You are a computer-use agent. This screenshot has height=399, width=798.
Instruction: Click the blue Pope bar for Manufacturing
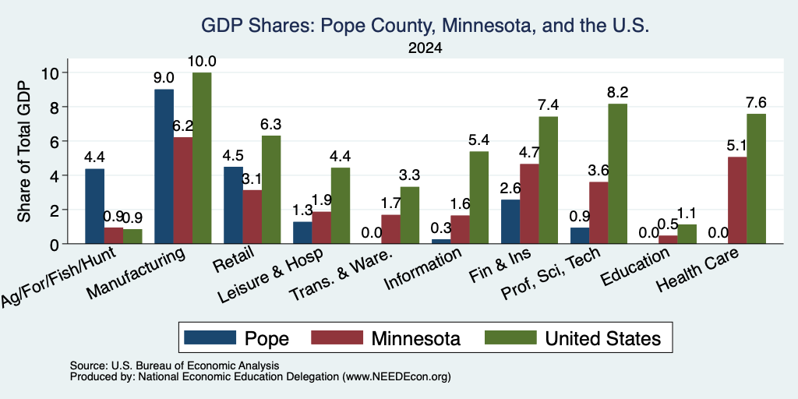(164, 167)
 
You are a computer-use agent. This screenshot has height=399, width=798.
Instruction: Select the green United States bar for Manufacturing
(202, 158)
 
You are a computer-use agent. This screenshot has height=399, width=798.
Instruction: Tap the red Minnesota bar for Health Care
(737, 200)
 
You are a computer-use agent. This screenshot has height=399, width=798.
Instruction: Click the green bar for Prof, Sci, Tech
(618, 174)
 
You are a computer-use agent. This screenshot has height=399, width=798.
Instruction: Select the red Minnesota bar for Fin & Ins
(529, 203)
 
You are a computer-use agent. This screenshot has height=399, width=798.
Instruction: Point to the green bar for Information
(479, 197)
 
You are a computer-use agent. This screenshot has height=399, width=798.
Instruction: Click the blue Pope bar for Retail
(234, 205)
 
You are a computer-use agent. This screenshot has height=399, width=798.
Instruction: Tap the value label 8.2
(618, 93)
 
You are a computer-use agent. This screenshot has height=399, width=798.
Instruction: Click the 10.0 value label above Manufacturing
(202, 62)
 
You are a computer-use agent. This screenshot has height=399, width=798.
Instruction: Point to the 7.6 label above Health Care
(756, 103)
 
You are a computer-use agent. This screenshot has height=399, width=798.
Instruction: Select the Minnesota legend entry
(386, 338)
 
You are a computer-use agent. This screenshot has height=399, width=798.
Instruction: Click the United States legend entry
(573, 338)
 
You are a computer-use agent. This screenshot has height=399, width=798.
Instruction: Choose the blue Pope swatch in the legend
(210, 337)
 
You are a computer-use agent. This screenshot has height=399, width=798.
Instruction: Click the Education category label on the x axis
(634, 268)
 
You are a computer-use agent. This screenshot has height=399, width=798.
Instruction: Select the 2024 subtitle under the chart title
(425, 48)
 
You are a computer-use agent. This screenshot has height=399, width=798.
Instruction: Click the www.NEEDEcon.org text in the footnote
(397, 377)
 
